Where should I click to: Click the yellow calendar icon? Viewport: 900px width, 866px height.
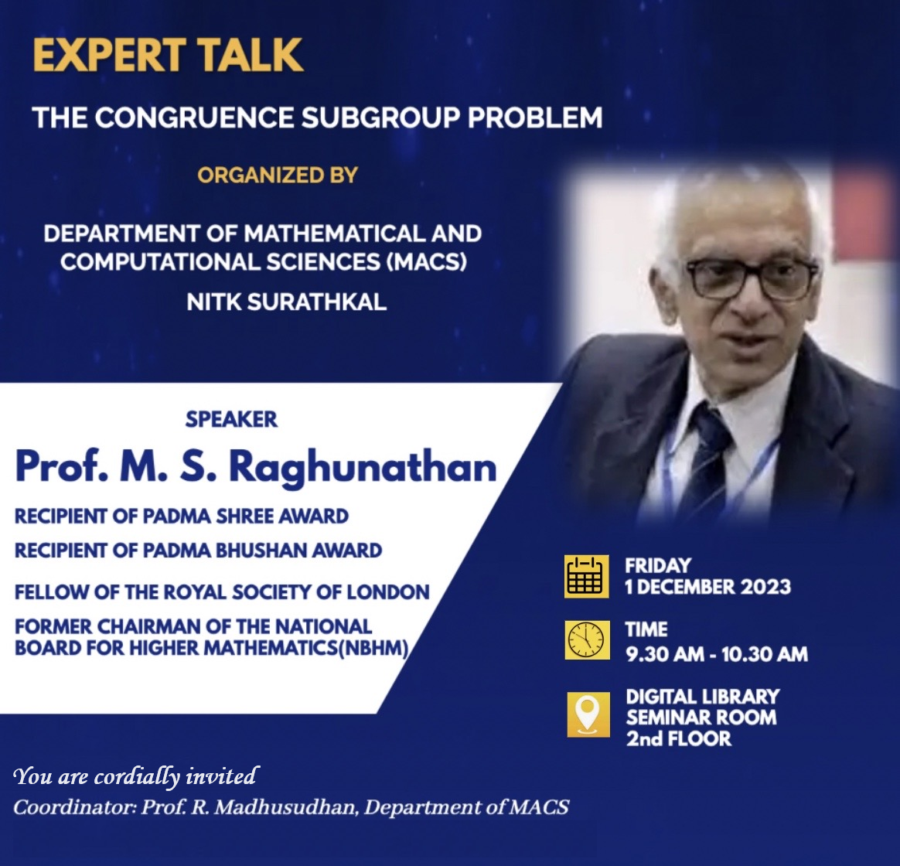(587, 576)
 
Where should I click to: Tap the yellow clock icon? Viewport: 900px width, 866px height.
(587, 639)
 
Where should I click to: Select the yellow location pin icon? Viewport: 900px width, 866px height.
(588, 714)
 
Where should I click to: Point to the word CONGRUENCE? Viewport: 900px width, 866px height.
(195, 117)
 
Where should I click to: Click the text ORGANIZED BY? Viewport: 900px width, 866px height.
(278, 175)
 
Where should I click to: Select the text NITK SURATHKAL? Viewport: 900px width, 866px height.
(286, 302)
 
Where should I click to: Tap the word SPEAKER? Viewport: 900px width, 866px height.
(231, 420)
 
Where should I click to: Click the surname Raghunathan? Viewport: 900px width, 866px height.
(363, 468)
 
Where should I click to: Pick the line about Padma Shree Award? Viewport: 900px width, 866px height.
(182, 516)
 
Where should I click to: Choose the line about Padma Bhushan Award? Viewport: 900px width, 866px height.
(198, 551)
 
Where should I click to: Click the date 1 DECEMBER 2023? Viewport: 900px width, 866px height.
(707, 587)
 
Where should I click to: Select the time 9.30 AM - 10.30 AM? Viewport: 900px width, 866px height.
(717, 653)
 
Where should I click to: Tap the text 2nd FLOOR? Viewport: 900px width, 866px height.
(678, 738)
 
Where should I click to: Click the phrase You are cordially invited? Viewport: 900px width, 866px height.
(136, 776)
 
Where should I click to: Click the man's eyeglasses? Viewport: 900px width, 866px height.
(752, 278)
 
